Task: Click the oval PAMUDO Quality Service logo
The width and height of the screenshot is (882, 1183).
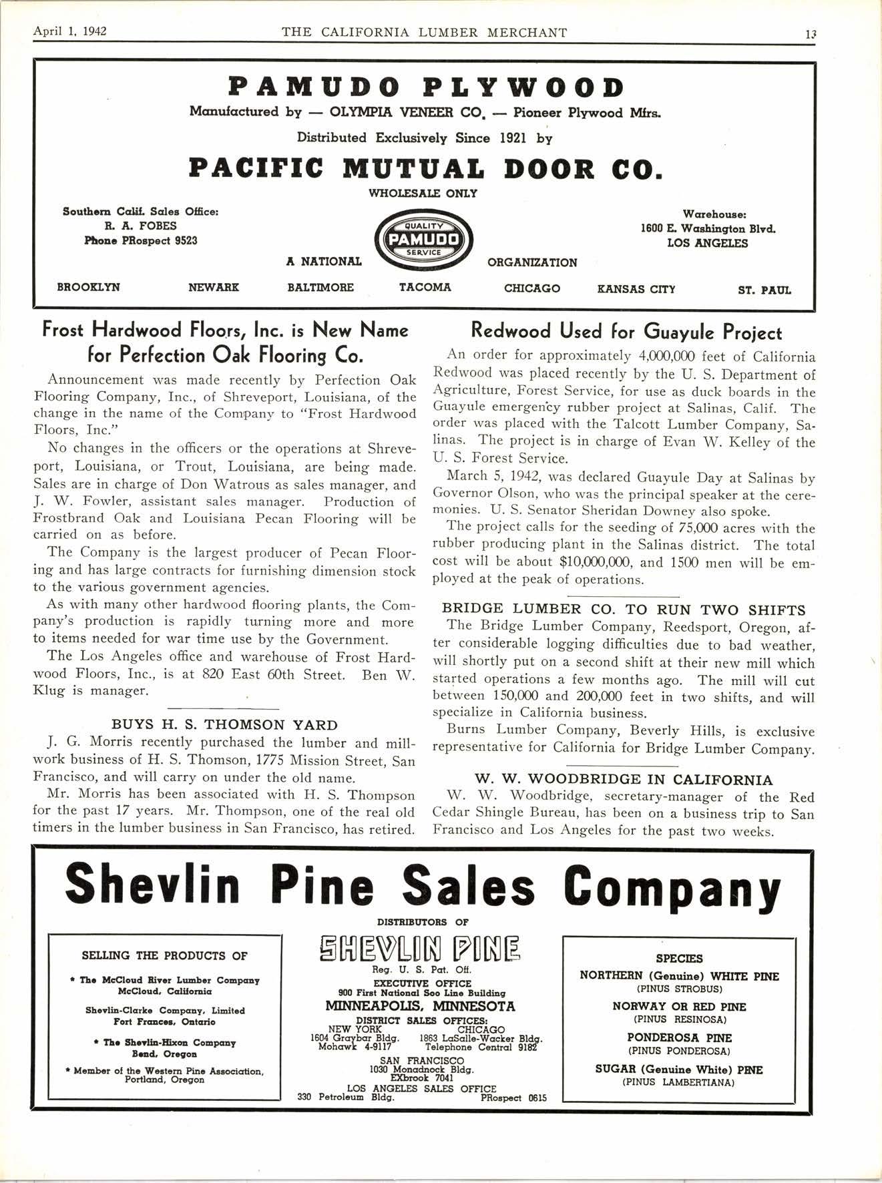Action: (424, 239)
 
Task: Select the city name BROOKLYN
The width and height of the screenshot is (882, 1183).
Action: (88, 288)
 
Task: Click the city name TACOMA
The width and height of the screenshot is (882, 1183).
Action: (425, 287)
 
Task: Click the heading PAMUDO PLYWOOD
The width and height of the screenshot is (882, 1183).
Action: (426, 87)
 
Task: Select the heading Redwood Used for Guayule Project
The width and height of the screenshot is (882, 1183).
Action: (626, 331)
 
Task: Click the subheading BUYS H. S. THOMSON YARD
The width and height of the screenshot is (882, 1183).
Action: (224, 724)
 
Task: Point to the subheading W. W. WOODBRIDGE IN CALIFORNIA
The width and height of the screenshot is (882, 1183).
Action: (624, 779)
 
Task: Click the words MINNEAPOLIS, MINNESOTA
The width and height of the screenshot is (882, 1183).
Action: (420, 1006)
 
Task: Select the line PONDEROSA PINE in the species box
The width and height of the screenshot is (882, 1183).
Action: (679, 1038)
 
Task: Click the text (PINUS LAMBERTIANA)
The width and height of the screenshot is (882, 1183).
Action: (678, 1082)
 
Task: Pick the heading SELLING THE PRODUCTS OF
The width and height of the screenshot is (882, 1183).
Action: (164, 955)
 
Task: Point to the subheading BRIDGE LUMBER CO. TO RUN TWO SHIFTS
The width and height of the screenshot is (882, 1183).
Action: (624, 610)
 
